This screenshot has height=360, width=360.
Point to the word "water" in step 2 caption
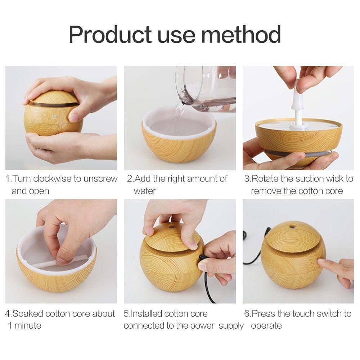point(145,191)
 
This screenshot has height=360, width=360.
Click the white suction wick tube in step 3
point(298,108)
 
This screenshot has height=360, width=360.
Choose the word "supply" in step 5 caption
point(231,326)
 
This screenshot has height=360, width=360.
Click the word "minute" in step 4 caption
point(27,326)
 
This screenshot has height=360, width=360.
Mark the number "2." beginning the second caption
point(130,179)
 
